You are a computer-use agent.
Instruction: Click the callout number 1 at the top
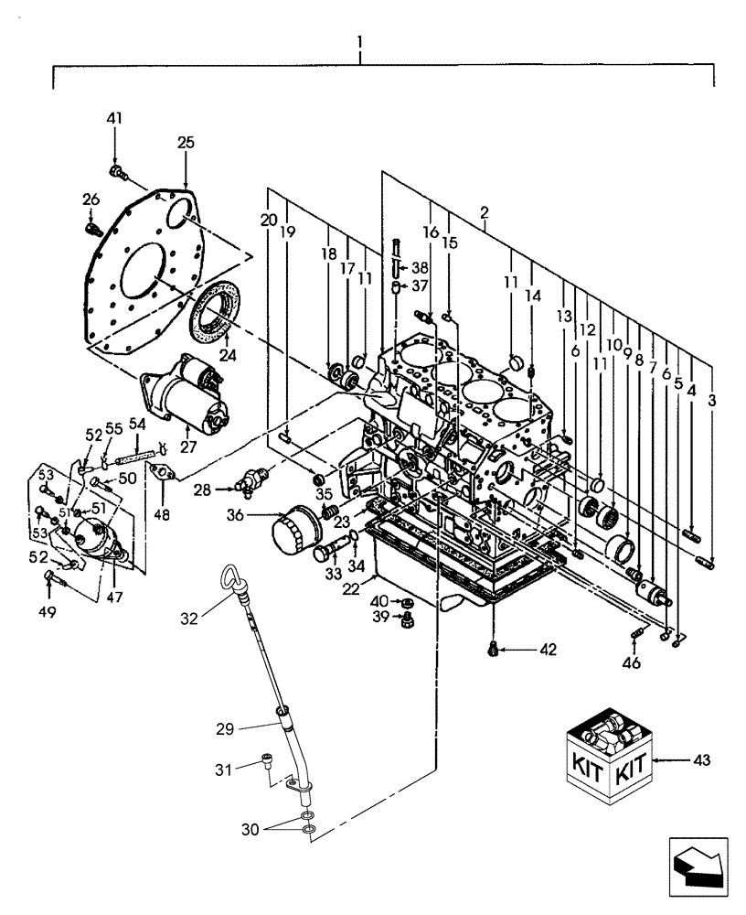pos(361,41)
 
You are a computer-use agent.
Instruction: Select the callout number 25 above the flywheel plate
pos(186,143)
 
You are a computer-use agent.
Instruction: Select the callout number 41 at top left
pos(115,118)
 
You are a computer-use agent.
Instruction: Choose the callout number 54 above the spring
pos(137,424)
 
